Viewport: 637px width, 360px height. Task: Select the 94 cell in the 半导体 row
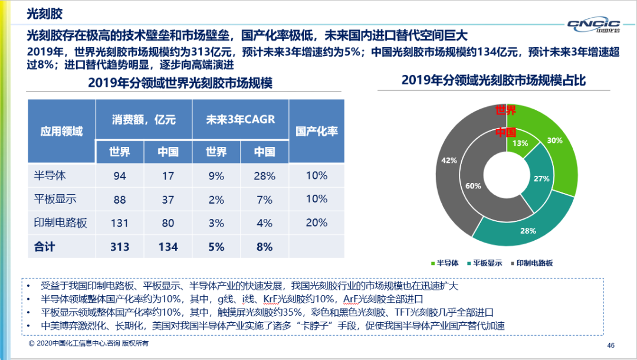click(x=120, y=176)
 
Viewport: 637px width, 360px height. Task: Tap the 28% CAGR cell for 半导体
click(x=264, y=176)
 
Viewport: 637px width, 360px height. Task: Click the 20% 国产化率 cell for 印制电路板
click(x=317, y=222)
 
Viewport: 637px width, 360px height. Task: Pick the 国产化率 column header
click(x=317, y=131)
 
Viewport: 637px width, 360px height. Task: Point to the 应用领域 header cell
click(x=61, y=131)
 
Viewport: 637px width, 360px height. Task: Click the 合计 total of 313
click(x=120, y=247)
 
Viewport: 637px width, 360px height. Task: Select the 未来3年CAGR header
click(x=240, y=119)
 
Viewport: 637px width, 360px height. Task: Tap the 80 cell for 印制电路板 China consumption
click(x=168, y=223)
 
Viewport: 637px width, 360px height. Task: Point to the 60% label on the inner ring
click(x=473, y=186)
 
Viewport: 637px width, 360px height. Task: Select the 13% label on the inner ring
click(x=520, y=143)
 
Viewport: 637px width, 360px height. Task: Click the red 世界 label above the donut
click(x=505, y=110)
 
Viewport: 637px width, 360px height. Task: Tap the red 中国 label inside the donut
click(x=505, y=132)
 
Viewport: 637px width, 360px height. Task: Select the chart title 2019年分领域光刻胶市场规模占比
click(x=494, y=80)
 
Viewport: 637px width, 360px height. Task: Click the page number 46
click(x=610, y=345)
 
